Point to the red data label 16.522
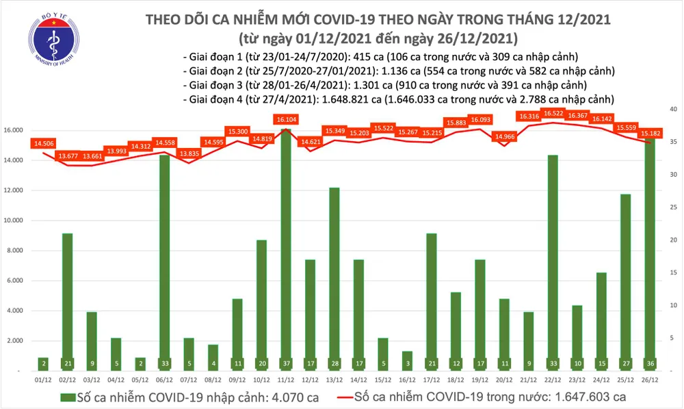pyautogui.click(x=553, y=112)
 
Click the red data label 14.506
pyautogui.click(x=42, y=143)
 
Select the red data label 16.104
pyautogui.click(x=285, y=119)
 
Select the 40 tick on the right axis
pyautogui.click(x=672, y=110)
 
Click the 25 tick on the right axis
pyautogui.click(x=672, y=208)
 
